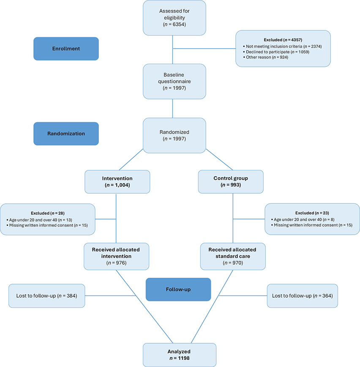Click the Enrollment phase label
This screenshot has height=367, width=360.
pos(66,48)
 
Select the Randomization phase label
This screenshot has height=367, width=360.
pos(66,134)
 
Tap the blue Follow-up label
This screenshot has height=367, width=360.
pos(178,289)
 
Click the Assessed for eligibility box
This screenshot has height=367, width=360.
pos(174,18)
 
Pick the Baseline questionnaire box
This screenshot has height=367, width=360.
pos(174,82)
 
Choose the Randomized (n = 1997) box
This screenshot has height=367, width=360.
pos(174,135)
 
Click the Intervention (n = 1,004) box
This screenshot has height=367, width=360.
pos(117,181)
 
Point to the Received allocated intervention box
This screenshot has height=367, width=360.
pos(115,256)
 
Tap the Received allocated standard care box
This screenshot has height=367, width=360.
pos(232,256)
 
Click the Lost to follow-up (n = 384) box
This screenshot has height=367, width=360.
pos(47,296)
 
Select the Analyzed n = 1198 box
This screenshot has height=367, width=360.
pos(179,355)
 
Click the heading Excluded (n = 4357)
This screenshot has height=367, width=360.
pos(283,38)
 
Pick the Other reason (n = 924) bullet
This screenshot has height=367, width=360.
pos(266,57)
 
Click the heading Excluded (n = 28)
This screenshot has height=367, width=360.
pos(47,213)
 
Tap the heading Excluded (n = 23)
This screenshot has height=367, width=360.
pos(312,213)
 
